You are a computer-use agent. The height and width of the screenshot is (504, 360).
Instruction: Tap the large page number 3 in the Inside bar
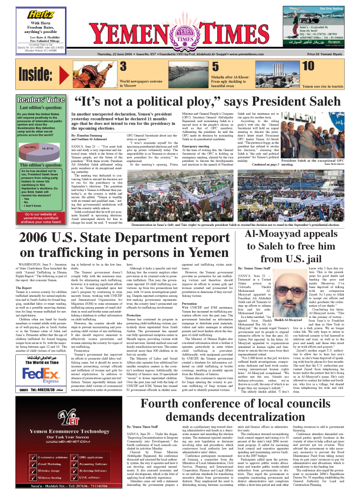(124, 66)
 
